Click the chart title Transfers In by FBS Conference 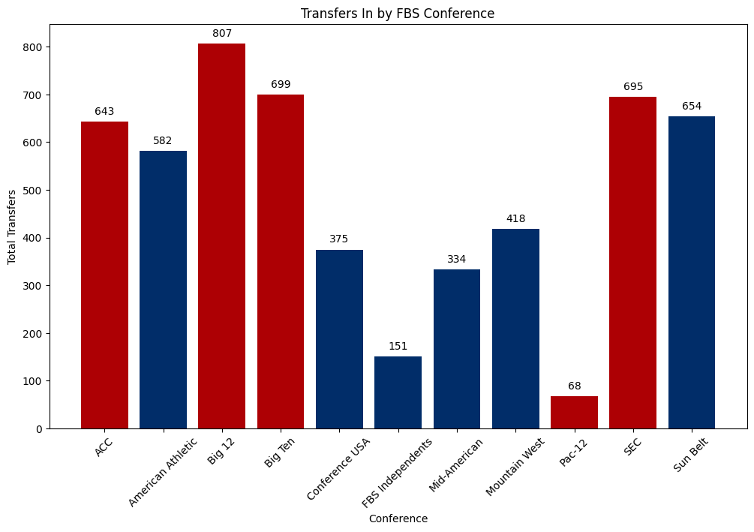(x=398, y=14)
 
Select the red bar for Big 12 (x=221, y=236)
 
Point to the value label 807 (x=221, y=33)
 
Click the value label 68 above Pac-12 (x=574, y=386)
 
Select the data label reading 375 (x=339, y=239)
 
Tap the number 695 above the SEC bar (x=632, y=86)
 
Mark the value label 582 (x=163, y=140)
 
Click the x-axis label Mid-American (x=456, y=465)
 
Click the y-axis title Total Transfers (x=13, y=227)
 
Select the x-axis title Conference (x=398, y=518)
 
